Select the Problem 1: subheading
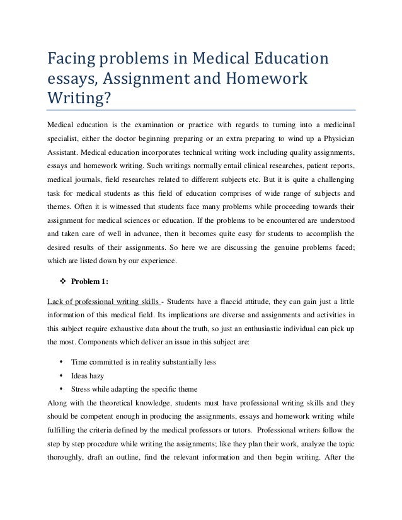coord(89,281)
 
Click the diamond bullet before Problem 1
coord(62,281)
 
